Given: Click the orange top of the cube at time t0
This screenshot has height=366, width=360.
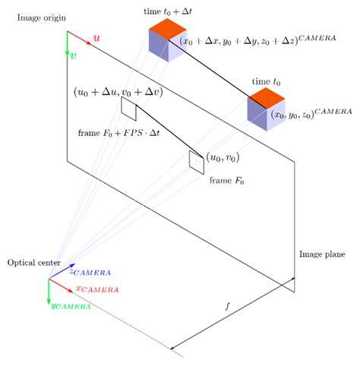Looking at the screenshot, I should click(x=266, y=97).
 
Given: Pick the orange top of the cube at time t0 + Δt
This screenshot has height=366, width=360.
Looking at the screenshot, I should click(x=168, y=30).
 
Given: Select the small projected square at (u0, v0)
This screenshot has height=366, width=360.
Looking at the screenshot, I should click(x=197, y=161).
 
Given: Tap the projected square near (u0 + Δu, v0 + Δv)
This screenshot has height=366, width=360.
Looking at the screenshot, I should click(x=128, y=109).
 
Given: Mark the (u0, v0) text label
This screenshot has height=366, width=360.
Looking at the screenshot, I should click(x=224, y=158).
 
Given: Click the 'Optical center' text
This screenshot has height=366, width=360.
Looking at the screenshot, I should click(x=29, y=263).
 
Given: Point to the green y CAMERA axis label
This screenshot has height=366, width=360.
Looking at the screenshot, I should click(x=71, y=306).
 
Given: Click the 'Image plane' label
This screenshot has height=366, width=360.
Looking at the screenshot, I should click(x=322, y=254).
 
